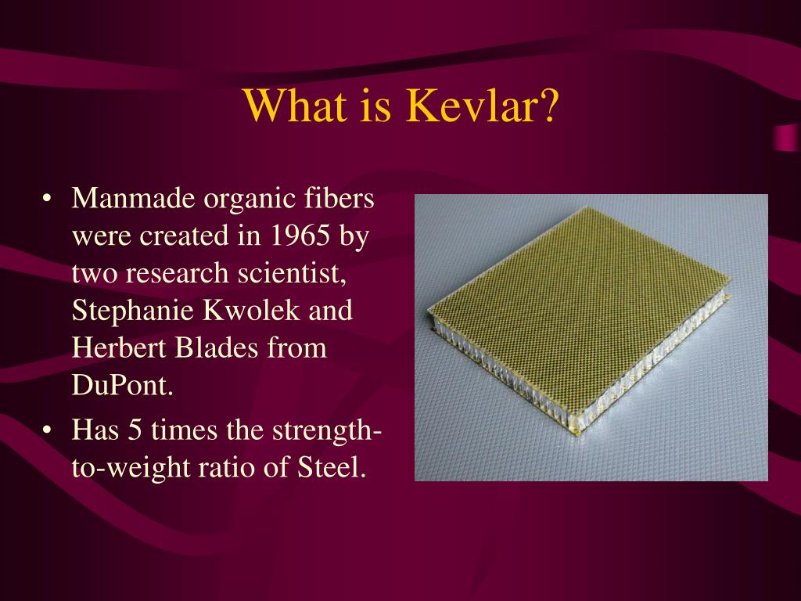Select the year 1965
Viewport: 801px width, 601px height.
pyautogui.click(x=300, y=236)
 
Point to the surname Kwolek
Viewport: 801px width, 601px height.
pyautogui.click(x=251, y=310)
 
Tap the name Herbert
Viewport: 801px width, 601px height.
pyautogui.click(x=120, y=347)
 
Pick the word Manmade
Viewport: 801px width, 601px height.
pyautogui.click(x=133, y=198)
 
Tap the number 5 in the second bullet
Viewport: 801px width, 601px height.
pyautogui.click(x=135, y=430)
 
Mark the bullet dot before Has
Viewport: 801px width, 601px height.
pyautogui.click(x=47, y=430)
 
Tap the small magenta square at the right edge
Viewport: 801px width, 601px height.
pyautogui.click(x=787, y=138)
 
